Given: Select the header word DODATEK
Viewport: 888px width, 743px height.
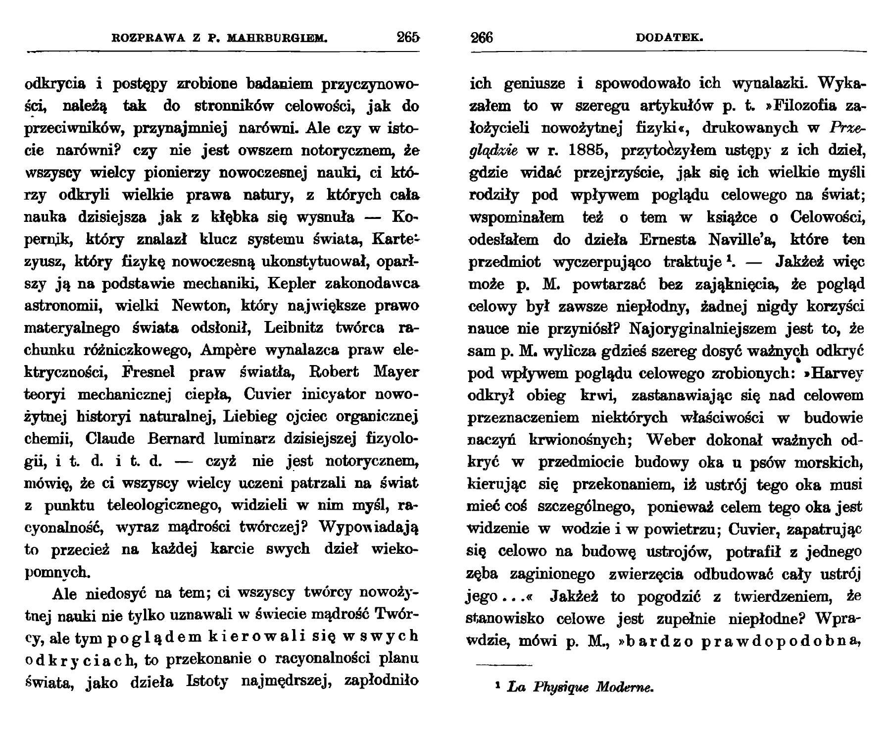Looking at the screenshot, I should click(669, 38).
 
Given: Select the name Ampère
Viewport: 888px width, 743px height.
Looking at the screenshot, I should click(229, 350).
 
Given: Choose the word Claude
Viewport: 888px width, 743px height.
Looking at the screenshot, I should click(110, 439).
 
